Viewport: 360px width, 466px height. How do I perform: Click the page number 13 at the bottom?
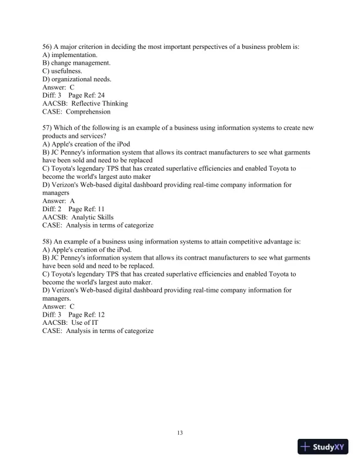pos(180,433)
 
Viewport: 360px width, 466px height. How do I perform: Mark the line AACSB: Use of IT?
pos(71,322)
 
